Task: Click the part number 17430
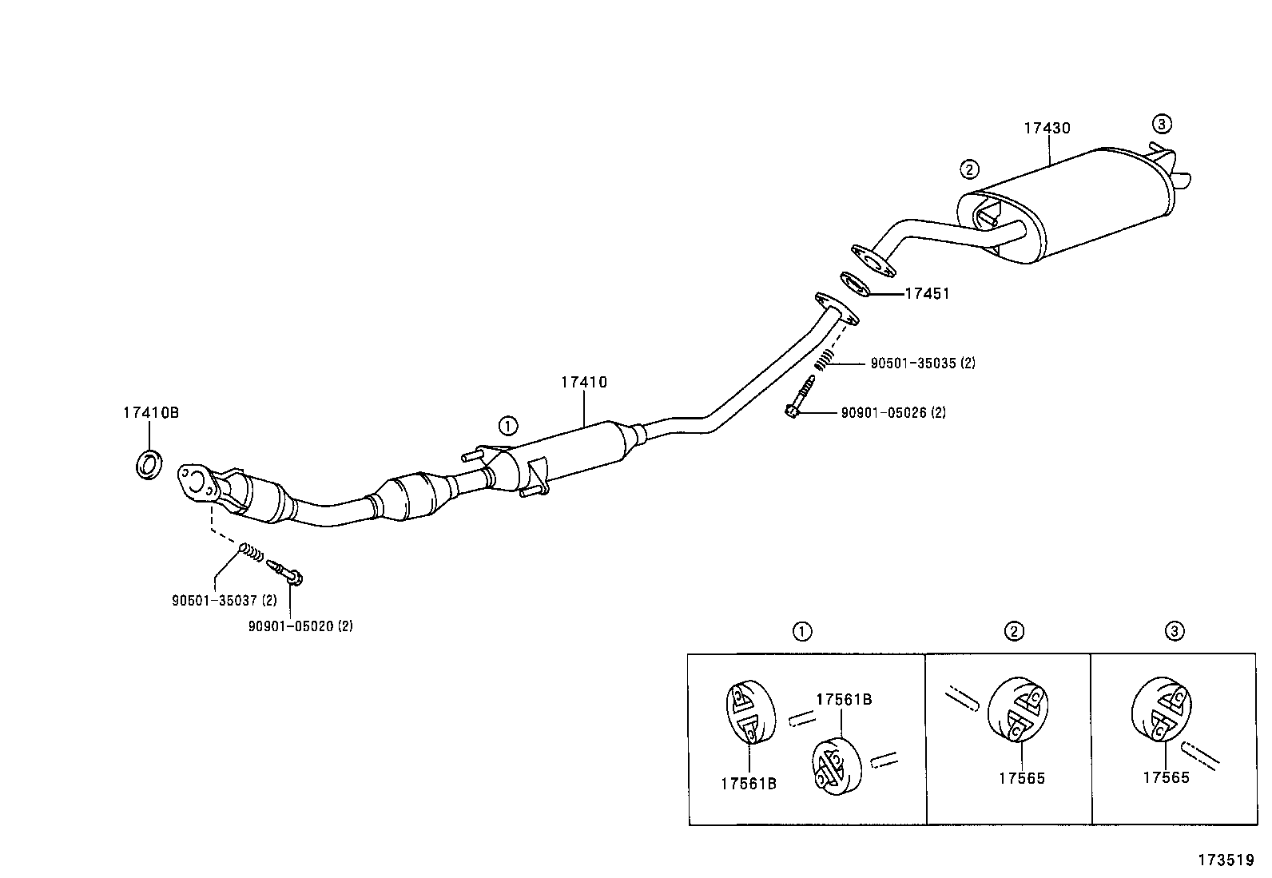(1047, 128)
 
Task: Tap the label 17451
(927, 294)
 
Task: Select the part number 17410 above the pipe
(583, 383)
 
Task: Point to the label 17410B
(150, 413)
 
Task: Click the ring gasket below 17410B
(149, 464)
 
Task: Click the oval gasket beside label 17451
(855, 284)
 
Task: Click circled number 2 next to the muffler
(968, 169)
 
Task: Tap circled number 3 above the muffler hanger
(1162, 124)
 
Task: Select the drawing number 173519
(1225, 860)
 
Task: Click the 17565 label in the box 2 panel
(1021, 778)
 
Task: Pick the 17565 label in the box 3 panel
(1166, 777)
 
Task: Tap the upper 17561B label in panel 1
(844, 700)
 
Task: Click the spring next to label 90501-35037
(252, 551)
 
